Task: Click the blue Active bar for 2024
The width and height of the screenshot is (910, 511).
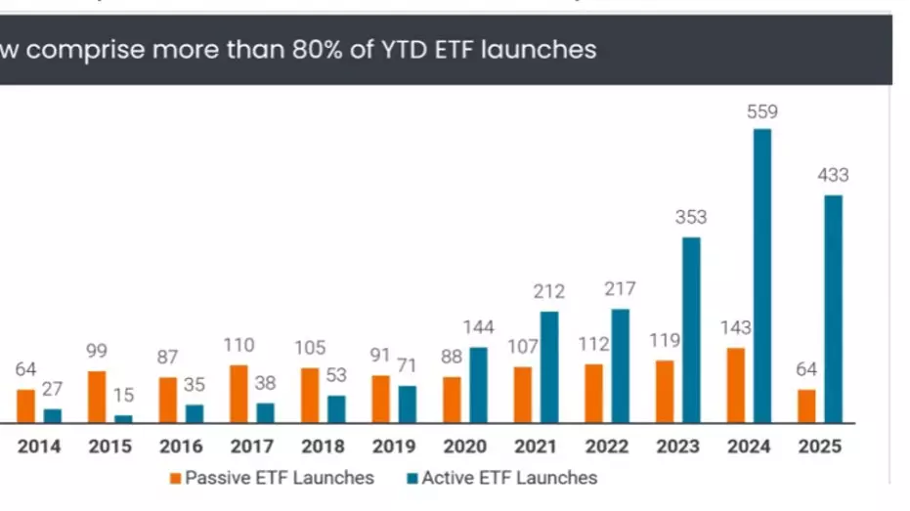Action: pos(762,276)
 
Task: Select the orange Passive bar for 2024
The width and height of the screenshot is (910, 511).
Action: pos(736,385)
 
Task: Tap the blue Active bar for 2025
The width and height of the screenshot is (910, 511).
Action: pos(833,309)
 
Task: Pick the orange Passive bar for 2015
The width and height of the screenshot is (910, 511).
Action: pos(97,397)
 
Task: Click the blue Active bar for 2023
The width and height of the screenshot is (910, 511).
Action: pos(691,330)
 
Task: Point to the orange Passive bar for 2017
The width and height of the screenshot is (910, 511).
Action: pos(238,394)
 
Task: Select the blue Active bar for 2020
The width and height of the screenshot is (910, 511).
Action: pos(478,385)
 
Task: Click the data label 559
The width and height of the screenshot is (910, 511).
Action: pos(761,111)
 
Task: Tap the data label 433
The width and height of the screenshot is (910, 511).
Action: pos(833,176)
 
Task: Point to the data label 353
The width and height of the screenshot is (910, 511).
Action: pos(690,218)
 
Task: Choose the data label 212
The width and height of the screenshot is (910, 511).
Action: pos(548,291)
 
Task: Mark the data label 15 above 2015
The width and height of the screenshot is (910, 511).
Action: pos(123,396)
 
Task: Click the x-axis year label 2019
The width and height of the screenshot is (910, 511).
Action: pos(394,447)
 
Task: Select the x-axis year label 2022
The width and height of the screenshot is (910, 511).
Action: pos(607,447)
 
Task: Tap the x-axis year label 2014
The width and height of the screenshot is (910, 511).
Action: pos(39,447)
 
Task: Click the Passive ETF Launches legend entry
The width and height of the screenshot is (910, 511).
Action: pos(271,478)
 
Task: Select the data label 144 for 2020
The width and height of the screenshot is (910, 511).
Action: pos(478,326)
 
